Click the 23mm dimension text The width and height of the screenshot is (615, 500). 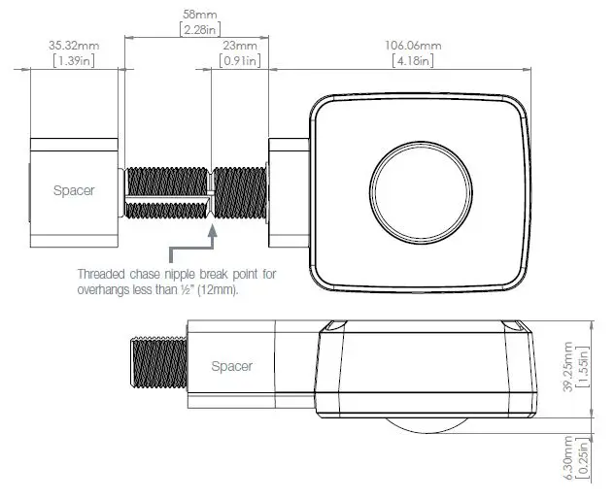click(239, 46)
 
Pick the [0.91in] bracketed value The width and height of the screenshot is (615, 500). click(239, 61)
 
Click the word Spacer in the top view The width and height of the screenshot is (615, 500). click(74, 190)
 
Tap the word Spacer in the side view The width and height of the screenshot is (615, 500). click(232, 366)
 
